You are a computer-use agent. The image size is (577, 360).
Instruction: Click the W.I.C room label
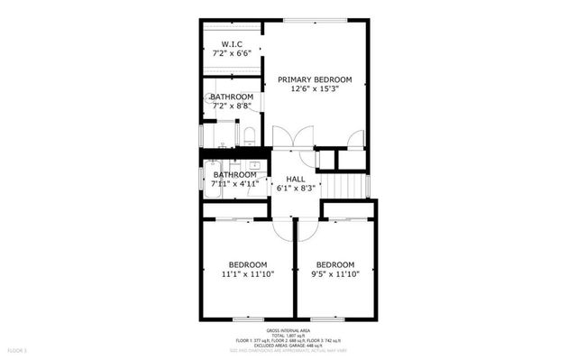(x=232, y=43)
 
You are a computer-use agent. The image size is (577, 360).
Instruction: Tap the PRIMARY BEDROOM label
(x=315, y=78)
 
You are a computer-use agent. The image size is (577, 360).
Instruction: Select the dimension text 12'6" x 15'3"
(x=315, y=89)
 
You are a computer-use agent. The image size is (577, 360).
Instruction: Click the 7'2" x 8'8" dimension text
(x=232, y=106)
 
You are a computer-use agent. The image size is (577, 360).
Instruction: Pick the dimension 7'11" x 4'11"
(x=234, y=184)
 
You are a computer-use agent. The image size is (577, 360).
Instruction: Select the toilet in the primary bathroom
(x=250, y=135)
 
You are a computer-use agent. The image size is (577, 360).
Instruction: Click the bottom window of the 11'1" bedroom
(x=248, y=318)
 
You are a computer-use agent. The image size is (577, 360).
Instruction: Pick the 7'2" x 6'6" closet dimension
(x=232, y=53)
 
